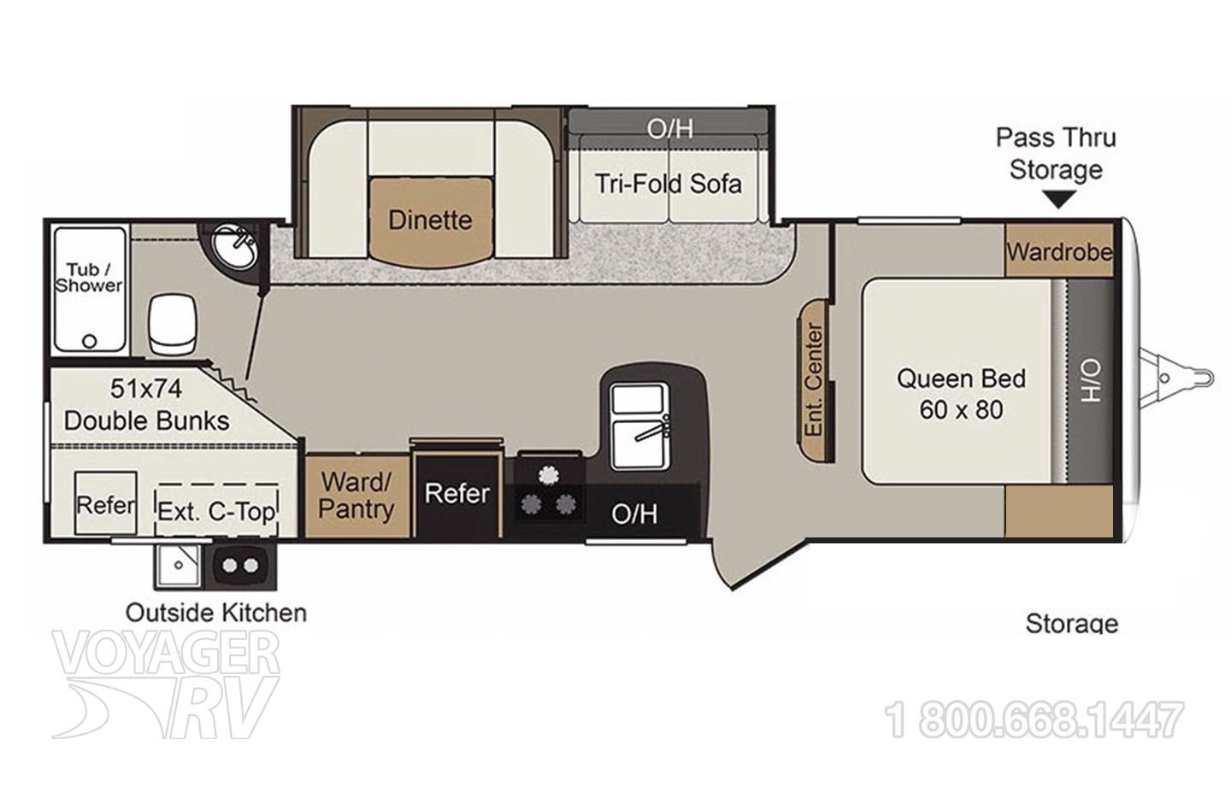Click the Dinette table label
[430, 220]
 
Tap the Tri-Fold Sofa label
[669, 184]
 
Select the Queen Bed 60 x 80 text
[961, 394]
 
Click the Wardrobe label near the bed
[1059, 252]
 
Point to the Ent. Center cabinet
[816, 379]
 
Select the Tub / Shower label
[89, 279]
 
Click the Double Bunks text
[147, 420]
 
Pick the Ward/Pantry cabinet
[357, 496]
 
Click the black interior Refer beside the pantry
[457, 494]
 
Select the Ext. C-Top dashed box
[217, 511]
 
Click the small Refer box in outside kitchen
[106, 505]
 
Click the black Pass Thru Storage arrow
[1059, 200]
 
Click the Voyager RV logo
[167, 684]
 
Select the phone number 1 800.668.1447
[1037, 720]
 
